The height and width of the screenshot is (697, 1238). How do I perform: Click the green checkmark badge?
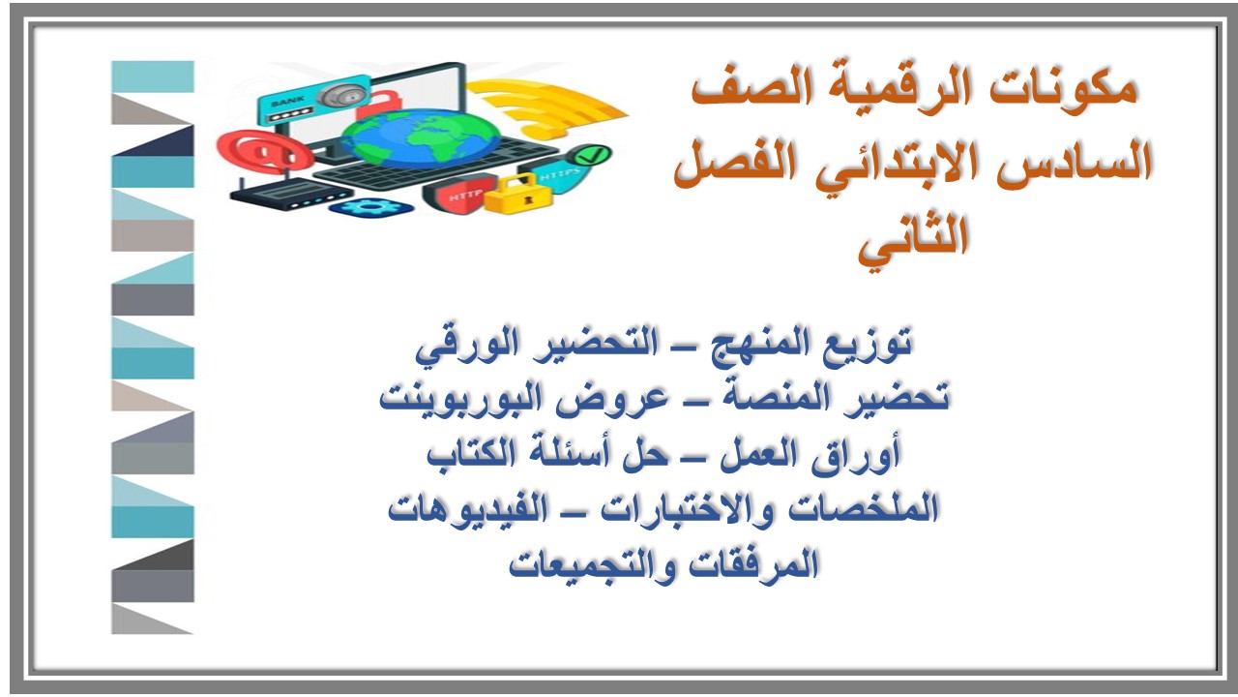coord(592,154)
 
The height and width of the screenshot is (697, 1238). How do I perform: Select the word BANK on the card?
coord(286,102)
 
